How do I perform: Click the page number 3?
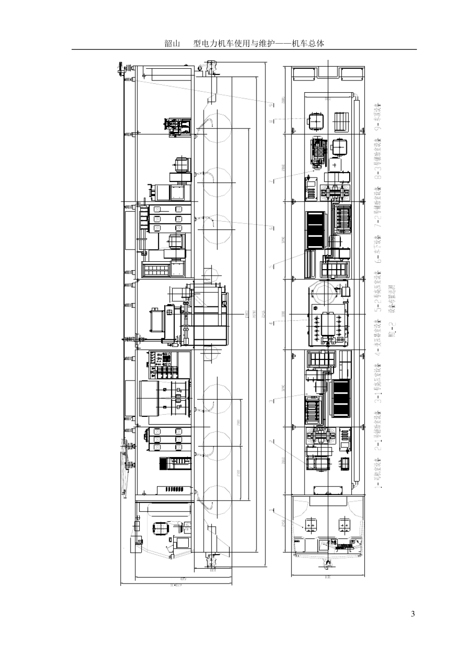point(413,614)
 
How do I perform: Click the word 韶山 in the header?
point(172,44)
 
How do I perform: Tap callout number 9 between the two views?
point(270,104)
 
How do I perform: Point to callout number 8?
point(270,121)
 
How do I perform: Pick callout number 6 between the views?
point(270,228)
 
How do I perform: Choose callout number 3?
point(270,401)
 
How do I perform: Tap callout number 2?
point(270,441)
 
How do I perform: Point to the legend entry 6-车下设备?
point(378,250)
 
